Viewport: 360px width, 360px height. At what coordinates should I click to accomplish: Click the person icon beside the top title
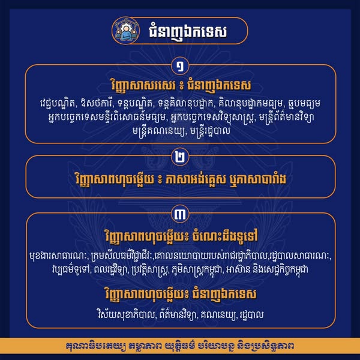[126, 31]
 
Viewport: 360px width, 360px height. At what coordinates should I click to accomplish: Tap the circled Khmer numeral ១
[180, 66]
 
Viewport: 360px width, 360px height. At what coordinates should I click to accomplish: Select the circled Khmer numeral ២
[180, 157]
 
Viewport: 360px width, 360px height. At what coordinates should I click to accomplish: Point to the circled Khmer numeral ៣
[180, 214]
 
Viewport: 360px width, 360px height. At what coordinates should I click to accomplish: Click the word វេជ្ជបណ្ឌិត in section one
[58, 104]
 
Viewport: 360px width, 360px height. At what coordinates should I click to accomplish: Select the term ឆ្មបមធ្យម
[304, 104]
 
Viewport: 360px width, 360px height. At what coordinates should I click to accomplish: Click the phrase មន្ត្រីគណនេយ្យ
[159, 131]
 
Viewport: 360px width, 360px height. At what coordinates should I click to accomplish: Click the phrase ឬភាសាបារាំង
[258, 179]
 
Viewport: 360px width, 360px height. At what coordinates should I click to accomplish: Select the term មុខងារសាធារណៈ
[59, 256]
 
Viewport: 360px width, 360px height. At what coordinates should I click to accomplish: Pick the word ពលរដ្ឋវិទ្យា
[113, 269]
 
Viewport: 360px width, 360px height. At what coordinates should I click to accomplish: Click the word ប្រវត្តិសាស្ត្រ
[151, 269]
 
